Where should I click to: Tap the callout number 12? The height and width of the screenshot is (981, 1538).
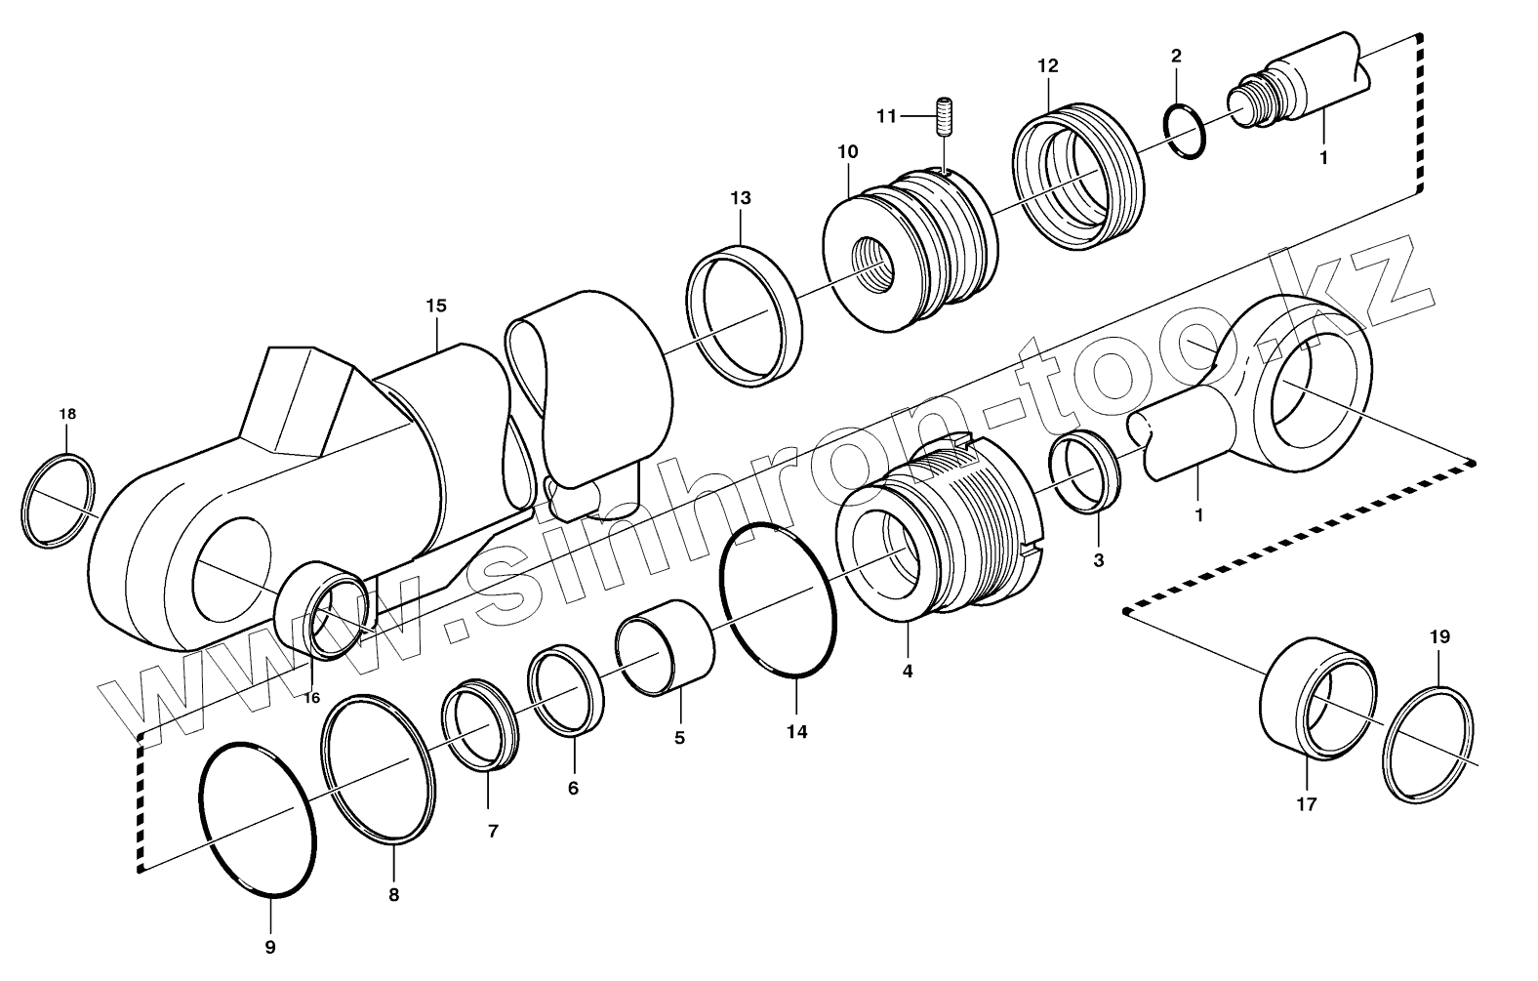(1047, 66)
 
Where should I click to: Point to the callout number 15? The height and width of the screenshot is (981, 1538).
(435, 306)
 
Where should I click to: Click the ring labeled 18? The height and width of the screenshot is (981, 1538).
(59, 500)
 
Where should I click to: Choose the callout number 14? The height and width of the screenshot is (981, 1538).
(797, 731)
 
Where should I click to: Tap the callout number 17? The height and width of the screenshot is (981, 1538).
(1306, 804)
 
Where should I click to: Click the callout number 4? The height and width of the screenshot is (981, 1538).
(908, 672)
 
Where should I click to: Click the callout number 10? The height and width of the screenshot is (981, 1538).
(846, 151)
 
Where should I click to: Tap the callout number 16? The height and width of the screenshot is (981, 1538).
(311, 698)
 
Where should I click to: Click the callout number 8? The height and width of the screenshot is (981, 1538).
(393, 893)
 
